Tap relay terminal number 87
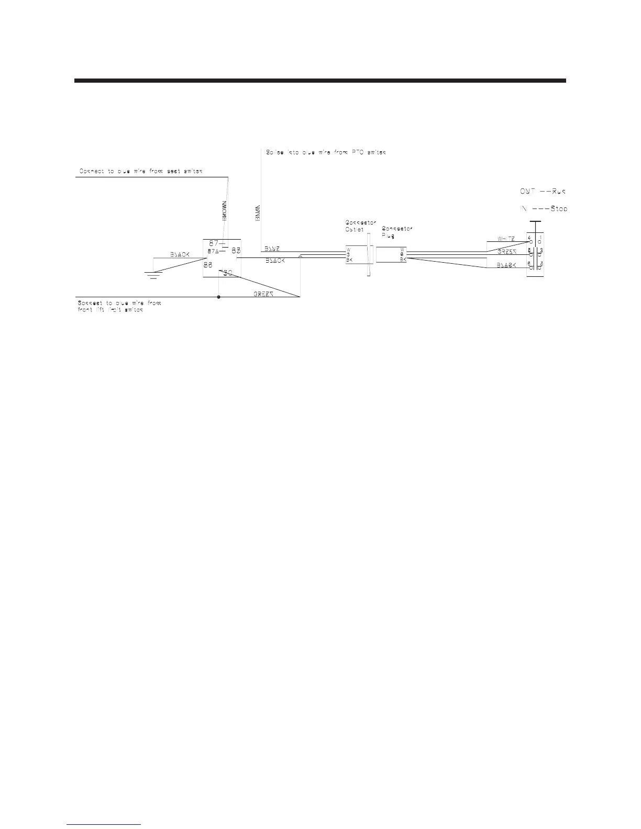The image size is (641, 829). tap(214, 243)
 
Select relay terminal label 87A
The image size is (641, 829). tap(213, 251)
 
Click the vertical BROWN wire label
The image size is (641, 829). tap(224, 211)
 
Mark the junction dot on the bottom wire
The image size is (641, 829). tap(218, 297)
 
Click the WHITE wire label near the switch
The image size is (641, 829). tap(506, 239)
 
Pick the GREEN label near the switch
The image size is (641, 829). tap(507, 252)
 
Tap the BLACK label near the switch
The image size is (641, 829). tap(506, 265)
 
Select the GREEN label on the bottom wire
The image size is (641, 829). tap(264, 294)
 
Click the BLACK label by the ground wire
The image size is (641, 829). tap(179, 254)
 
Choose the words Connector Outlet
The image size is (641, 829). tap(360, 226)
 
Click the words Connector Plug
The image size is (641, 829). tap(397, 232)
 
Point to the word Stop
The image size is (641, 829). tap(559, 208)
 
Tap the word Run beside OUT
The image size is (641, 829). tap(559, 191)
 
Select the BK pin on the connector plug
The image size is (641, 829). tap(403, 259)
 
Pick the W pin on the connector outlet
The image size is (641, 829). tap(348, 250)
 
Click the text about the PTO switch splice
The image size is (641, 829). tap(326, 153)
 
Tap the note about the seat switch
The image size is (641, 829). tap(140, 171)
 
